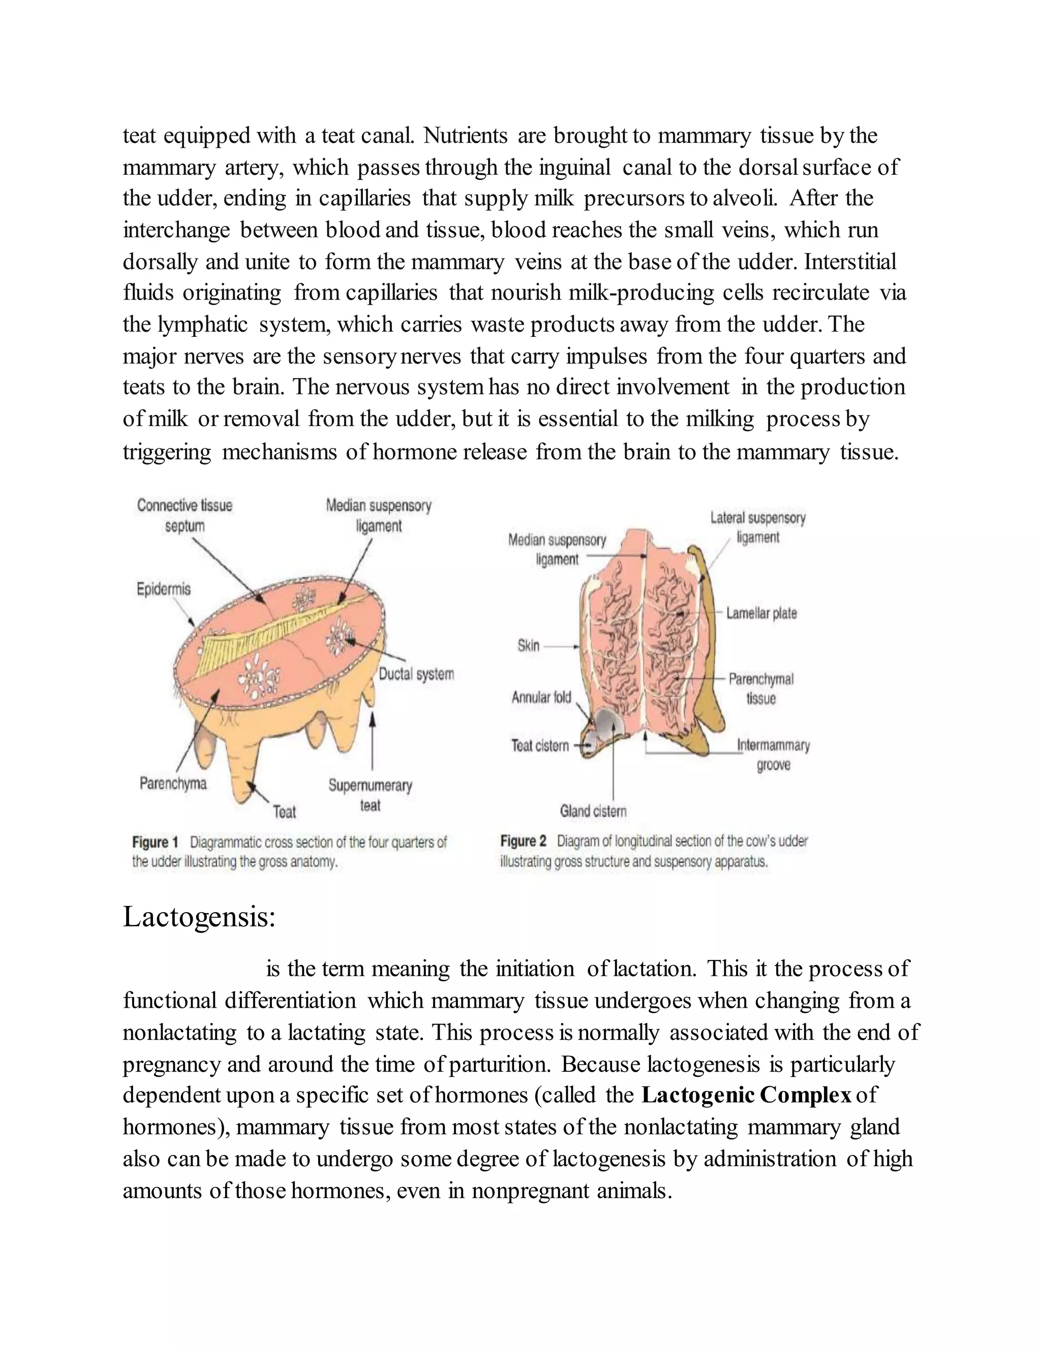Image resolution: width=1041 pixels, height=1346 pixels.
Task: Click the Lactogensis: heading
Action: pyautogui.click(x=199, y=917)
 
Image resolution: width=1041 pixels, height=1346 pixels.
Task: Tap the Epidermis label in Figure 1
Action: pyautogui.click(x=164, y=589)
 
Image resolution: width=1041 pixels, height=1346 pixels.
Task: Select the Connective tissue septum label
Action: pyautogui.click(x=185, y=515)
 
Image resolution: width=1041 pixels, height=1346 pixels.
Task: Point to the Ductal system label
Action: pyautogui.click(x=416, y=674)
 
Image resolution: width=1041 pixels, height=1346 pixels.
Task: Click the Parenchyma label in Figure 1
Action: pyautogui.click(x=173, y=783)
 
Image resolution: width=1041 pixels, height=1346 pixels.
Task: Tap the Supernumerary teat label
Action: pyautogui.click(x=370, y=795)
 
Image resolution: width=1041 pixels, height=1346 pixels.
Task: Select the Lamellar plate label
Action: pyautogui.click(x=761, y=613)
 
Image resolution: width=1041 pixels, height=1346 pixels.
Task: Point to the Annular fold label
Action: pyautogui.click(x=541, y=697)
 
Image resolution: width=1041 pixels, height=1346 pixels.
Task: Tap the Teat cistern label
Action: pyautogui.click(x=540, y=746)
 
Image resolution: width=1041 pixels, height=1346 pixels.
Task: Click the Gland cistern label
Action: pyautogui.click(x=593, y=811)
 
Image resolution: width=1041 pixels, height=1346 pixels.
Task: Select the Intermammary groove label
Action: pyautogui.click(x=773, y=755)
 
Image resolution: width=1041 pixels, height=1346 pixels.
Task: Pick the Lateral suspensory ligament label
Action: pyautogui.click(x=758, y=528)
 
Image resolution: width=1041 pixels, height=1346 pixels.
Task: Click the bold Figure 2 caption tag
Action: pyautogui.click(x=523, y=841)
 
